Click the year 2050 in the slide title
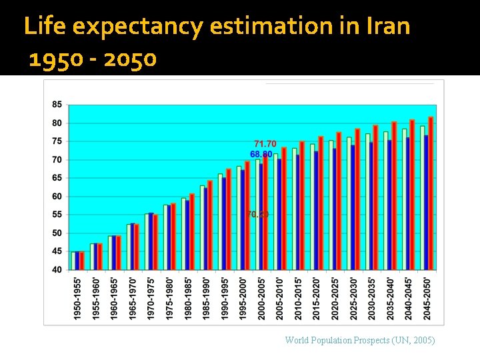(130, 60)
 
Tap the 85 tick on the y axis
(57, 105)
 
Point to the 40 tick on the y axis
(57, 269)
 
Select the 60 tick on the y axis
(57, 197)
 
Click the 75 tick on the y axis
(57, 141)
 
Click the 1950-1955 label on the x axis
(78, 297)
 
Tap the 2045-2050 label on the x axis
(427, 297)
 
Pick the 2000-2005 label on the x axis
(261, 297)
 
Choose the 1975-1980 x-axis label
(169, 297)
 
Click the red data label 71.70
(265, 144)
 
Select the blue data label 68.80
(261, 154)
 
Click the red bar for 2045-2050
(431, 193)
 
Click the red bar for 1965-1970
(137, 247)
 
